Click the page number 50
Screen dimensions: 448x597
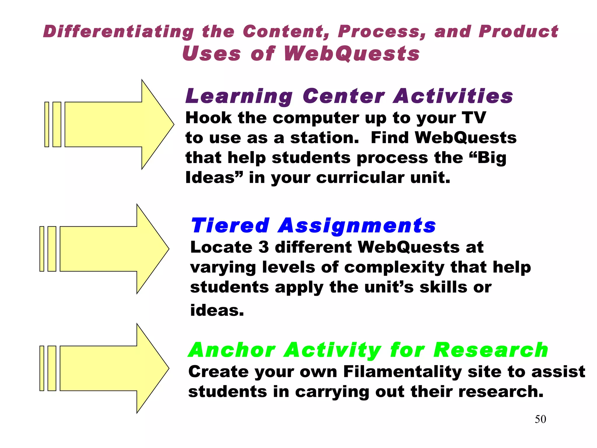540,419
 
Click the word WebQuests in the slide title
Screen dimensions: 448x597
352,54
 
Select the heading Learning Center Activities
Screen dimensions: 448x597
349,96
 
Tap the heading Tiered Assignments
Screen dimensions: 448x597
313,226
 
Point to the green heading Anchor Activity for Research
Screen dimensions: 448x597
368,350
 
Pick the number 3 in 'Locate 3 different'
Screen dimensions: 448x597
264,247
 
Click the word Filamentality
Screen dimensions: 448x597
402,372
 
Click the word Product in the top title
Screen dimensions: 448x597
518,32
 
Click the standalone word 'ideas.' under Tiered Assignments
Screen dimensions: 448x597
217,310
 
